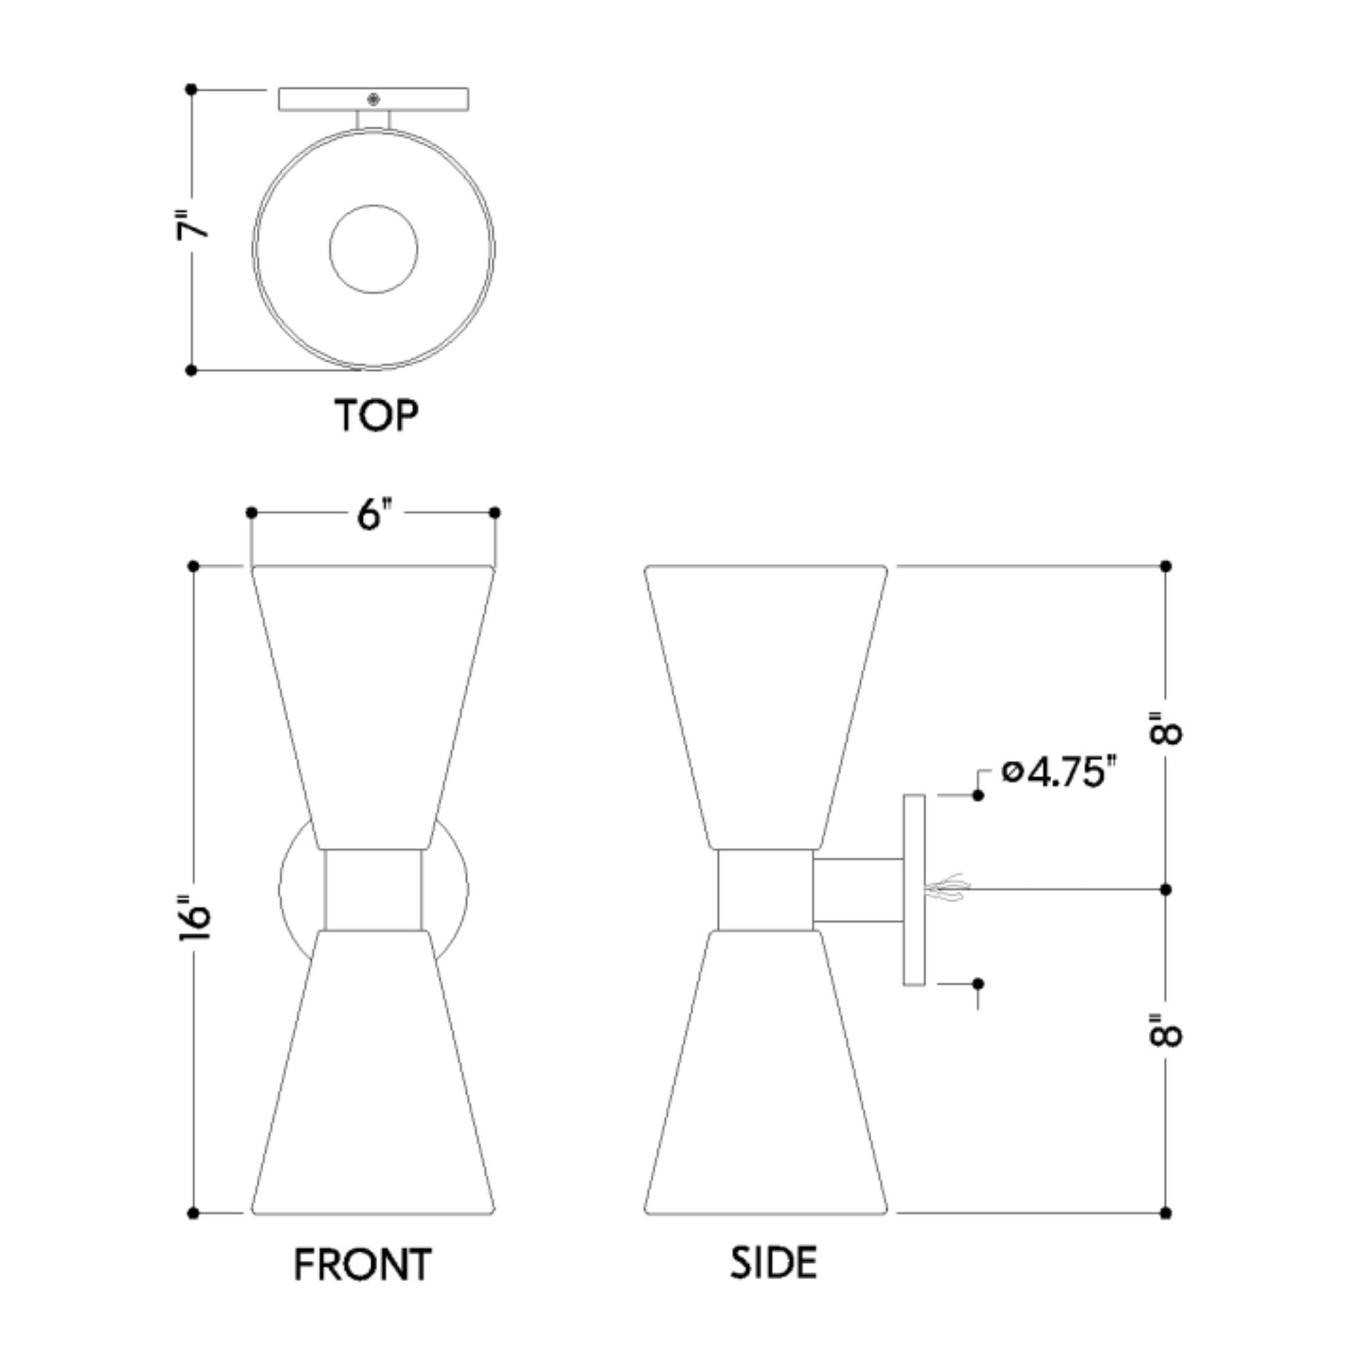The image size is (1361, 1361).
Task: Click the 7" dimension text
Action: coord(192,225)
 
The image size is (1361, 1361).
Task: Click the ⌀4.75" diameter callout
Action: coord(1060,773)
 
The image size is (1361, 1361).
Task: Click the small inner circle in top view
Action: coord(373,249)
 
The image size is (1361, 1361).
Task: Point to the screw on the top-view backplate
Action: coord(373,99)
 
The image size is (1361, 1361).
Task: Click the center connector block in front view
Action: coord(373,890)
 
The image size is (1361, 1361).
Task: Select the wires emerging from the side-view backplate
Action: coord(948,889)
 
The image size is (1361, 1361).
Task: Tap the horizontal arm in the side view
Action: coord(858,890)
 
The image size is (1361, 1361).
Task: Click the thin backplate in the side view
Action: coord(913,890)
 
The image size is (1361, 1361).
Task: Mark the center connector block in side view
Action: coord(765,890)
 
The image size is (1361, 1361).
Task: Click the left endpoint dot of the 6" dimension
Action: coord(252,513)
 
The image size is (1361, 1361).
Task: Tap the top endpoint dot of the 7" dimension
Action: coord(191,90)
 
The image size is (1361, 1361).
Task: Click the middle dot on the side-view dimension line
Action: coord(1165,890)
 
